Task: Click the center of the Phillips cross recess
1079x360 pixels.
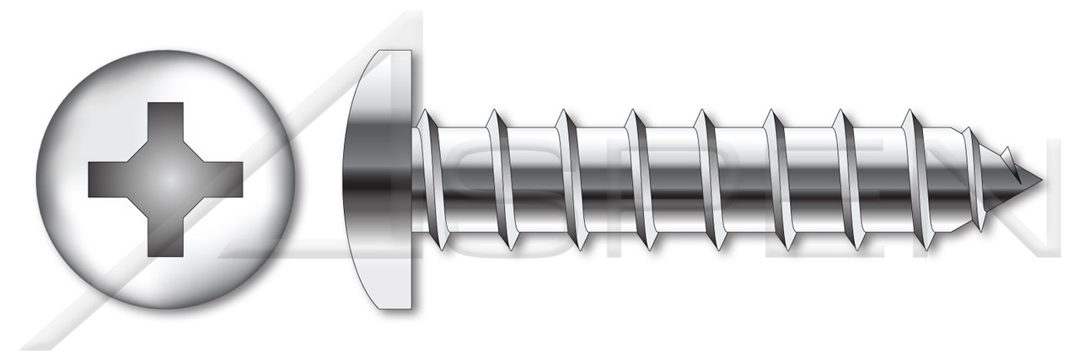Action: [165, 180]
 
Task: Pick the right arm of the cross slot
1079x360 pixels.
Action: [221, 180]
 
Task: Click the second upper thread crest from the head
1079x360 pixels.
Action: [496, 113]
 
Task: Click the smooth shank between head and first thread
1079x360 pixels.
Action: [416, 180]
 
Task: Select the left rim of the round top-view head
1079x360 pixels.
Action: [40, 180]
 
